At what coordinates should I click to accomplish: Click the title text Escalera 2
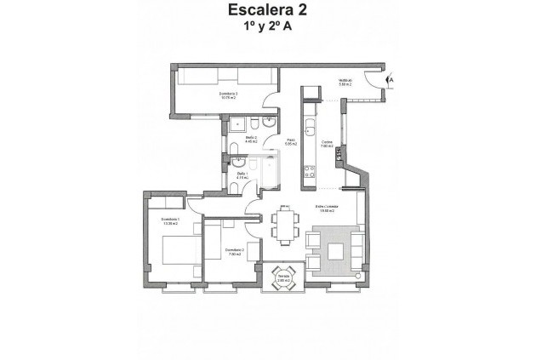pos(267,11)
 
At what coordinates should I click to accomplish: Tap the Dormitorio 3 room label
pos(225,94)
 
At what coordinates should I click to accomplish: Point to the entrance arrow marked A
pos(391,80)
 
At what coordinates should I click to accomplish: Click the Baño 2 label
pos(252,139)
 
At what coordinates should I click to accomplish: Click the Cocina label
pos(327,144)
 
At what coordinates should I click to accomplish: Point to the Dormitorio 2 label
pos(233,251)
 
